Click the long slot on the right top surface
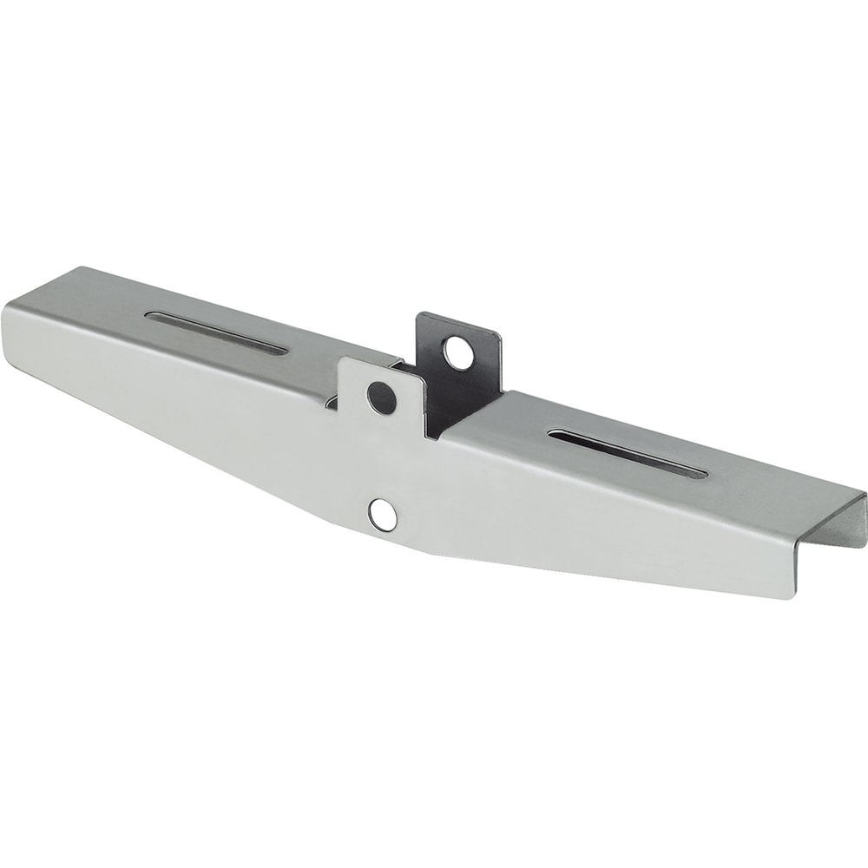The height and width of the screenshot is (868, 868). [x=628, y=453]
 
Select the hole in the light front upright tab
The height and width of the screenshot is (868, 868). [x=381, y=397]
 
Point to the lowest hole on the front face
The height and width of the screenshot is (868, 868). [x=381, y=515]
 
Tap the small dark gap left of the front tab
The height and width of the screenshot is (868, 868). [x=330, y=401]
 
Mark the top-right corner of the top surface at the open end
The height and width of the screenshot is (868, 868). [x=865, y=493]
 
